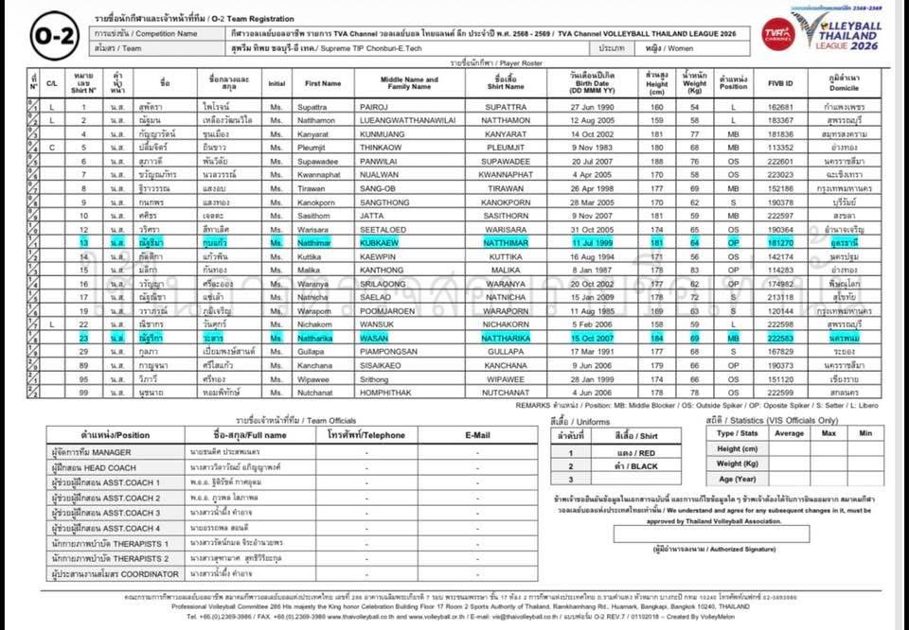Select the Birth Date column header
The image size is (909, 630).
[593, 82]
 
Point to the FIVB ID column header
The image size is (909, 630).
[780, 82]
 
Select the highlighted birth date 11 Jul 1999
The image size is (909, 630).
[593, 243]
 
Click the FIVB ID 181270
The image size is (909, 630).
[780, 243]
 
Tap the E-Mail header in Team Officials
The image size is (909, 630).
[478, 435]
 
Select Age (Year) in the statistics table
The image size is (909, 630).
[737, 479]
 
